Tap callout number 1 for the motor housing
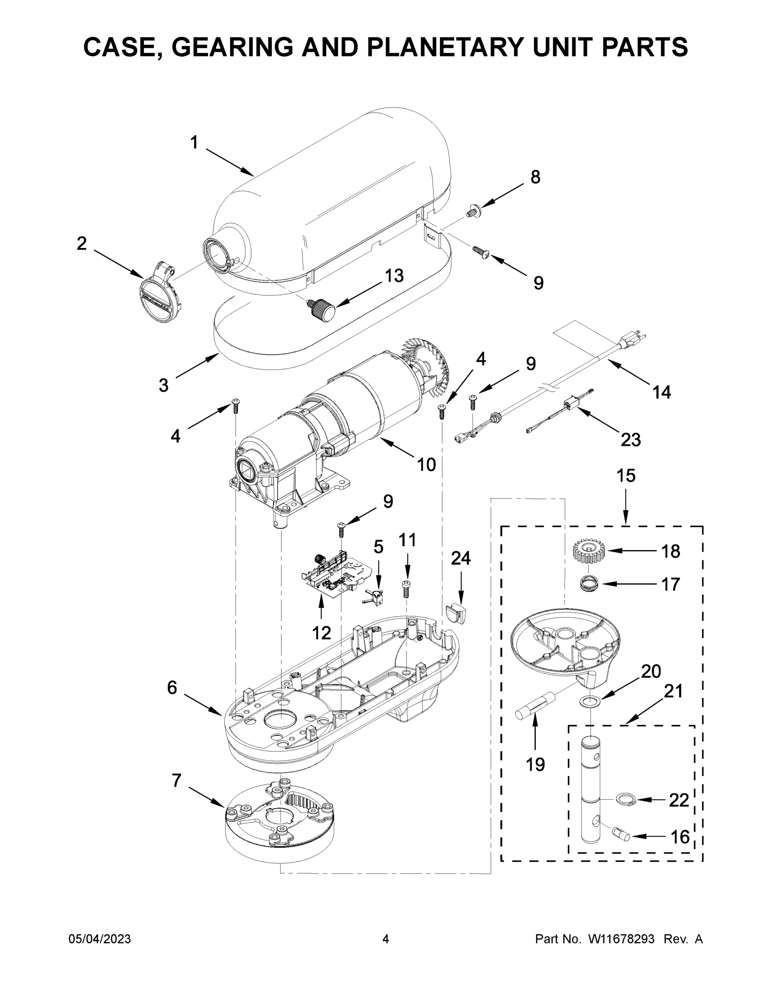coord(194,143)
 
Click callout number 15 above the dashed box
coord(626,476)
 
